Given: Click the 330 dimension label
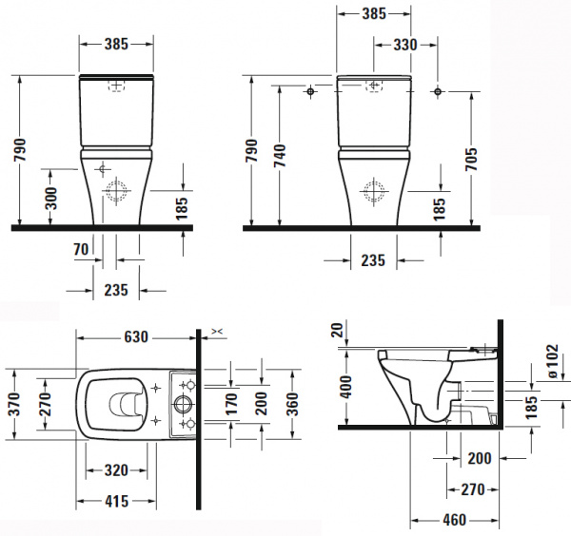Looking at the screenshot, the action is coord(405,45).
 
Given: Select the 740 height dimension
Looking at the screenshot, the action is coord(280,156).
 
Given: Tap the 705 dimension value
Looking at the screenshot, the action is coord(471,160).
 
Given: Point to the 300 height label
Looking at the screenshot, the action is coord(51,199).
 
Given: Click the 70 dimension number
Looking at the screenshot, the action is coord(81,249).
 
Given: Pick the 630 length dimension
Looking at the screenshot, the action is coord(136,337).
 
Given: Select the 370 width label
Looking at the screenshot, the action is coord(15,404).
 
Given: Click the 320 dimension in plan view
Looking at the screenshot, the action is coord(116,470).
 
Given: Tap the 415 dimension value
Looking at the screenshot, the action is coord(116,501).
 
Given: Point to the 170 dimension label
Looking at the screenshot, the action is coord(231,404).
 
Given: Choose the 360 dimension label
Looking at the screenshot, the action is coord(292,404).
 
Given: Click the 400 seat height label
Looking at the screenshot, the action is coord(346,387).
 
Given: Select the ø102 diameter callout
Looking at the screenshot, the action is coord(552,361).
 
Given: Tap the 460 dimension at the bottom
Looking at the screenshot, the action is coord(455,520).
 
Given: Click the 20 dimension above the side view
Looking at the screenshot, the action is coord(338,330).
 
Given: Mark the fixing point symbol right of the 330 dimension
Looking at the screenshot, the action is coord(438,91).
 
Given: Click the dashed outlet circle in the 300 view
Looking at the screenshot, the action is coord(116,190).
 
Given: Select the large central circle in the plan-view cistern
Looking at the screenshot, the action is coord(182,404).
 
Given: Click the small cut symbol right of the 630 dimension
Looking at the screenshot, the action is coord(217,331).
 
